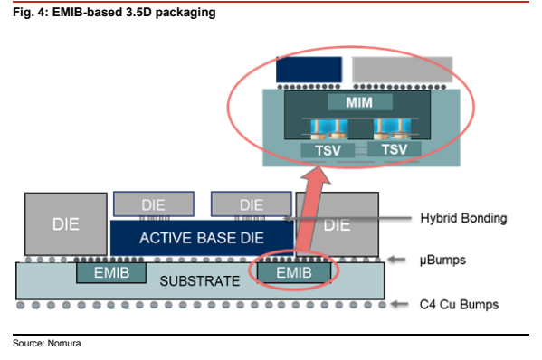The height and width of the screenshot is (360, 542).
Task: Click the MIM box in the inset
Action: pyautogui.click(x=360, y=102)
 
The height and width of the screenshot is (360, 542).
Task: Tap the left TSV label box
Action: pyautogui.click(x=328, y=150)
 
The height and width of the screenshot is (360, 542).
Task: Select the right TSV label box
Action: pyautogui.click(x=394, y=149)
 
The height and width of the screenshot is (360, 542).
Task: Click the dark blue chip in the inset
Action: pyautogui.click(x=309, y=70)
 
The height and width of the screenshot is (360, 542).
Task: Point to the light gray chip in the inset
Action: pyautogui.click(x=403, y=70)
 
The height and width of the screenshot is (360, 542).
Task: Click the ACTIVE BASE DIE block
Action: pyautogui.click(x=202, y=238)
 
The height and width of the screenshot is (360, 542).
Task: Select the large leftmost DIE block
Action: pyautogui.click(x=66, y=224)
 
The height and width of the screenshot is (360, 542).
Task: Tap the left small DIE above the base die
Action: pyautogui.click(x=154, y=204)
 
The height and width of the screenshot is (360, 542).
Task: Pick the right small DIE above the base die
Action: pyautogui.click(x=252, y=204)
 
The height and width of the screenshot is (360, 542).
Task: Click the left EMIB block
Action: pyautogui.click(x=111, y=273)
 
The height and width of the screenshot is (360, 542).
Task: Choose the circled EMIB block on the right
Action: pyautogui.click(x=294, y=273)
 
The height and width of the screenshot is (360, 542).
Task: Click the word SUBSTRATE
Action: pyautogui.click(x=200, y=281)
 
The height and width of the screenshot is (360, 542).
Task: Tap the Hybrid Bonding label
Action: pyautogui.click(x=463, y=218)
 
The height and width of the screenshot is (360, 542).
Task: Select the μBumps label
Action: pyautogui.click(x=442, y=260)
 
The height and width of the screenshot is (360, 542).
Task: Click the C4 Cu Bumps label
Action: pyautogui.click(x=459, y=305)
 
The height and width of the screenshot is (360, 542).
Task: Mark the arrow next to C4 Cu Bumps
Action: pyautogui.click(x=399, y=304)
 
